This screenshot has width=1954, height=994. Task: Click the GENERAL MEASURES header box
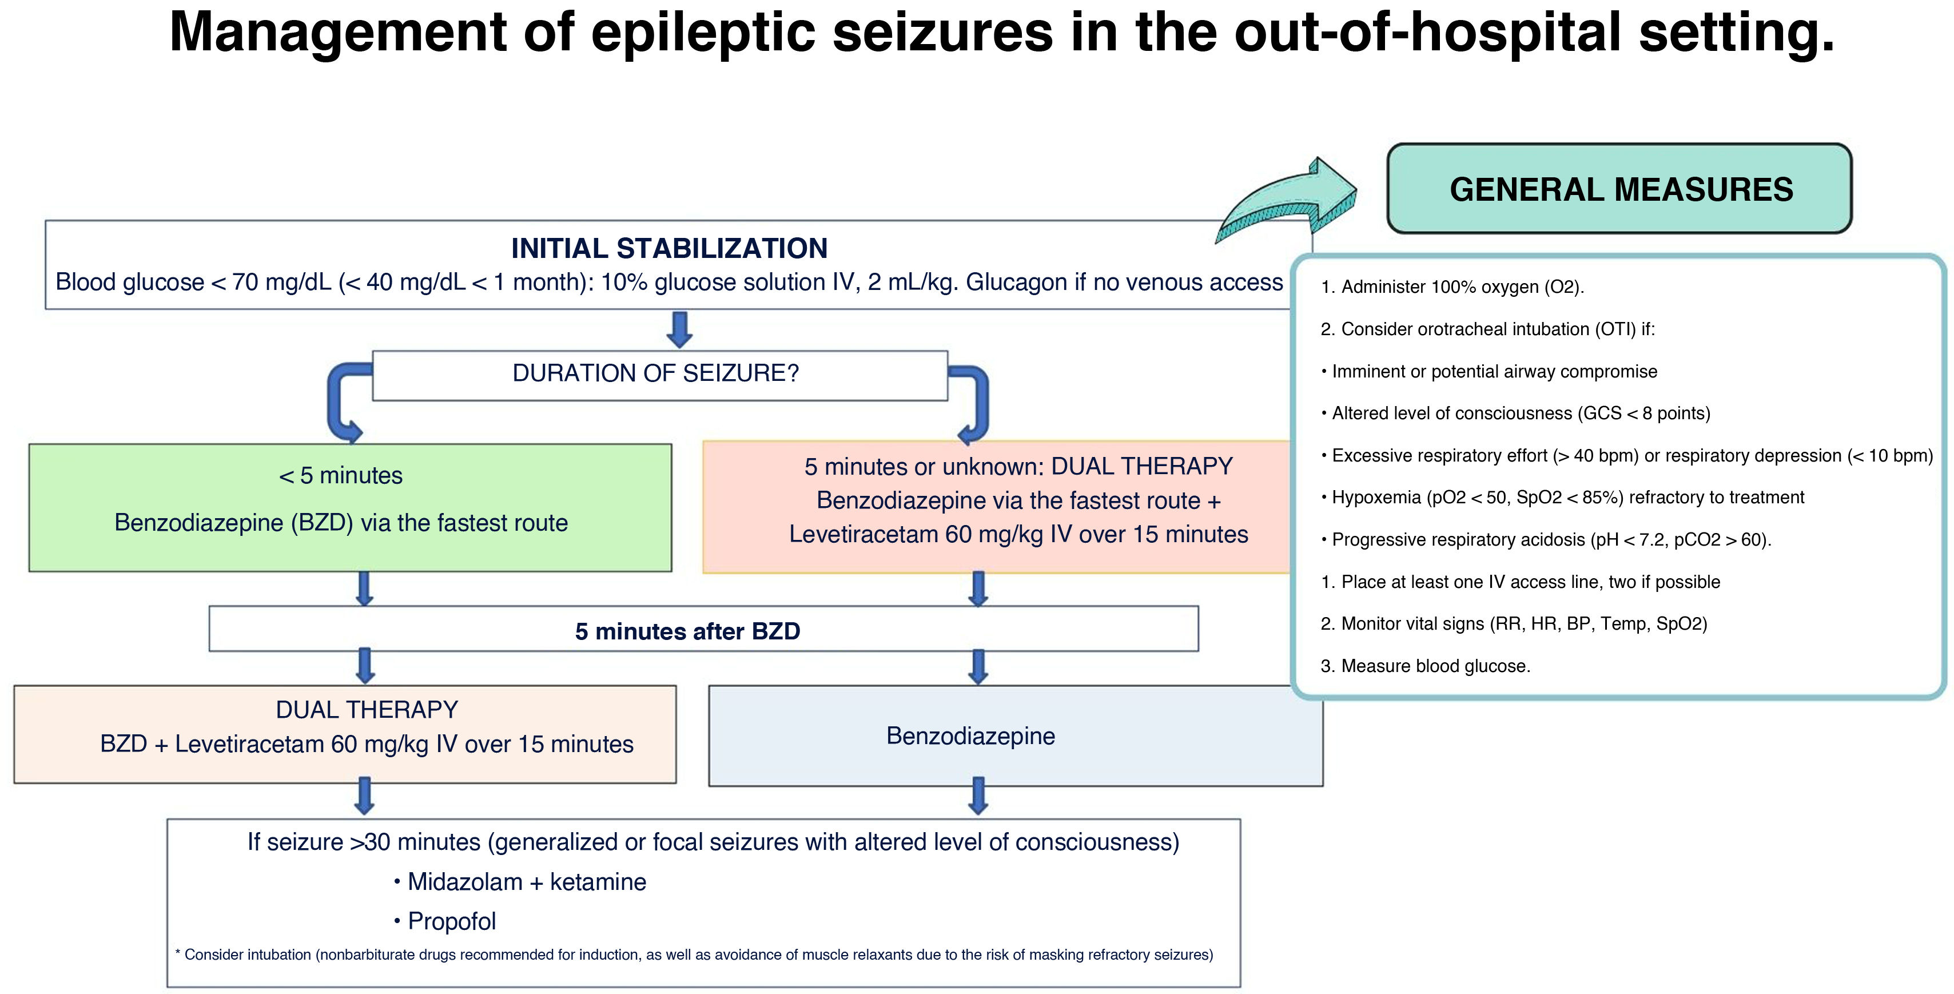tap(1619, 188)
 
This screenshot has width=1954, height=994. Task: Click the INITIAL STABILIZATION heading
tap(669, 248)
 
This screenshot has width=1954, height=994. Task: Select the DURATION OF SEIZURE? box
tap(660, 375)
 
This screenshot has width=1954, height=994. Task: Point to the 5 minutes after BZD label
tap(687, 631)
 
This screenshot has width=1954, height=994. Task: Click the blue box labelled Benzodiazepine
tap(1016, 735)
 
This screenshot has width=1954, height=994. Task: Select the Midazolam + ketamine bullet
tap(520, 882)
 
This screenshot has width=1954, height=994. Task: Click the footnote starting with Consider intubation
tap(694, 955)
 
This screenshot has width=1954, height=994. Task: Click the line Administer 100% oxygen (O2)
tap(1452, 287)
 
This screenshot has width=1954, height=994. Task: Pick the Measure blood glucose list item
tap(1425, 666)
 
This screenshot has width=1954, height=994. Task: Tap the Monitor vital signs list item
tap(1513, 624)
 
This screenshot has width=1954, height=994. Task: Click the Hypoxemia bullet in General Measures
tap(1563, 498)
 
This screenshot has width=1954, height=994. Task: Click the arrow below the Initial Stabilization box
tap(680, 329)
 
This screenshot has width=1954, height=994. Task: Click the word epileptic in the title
tap(708, 33)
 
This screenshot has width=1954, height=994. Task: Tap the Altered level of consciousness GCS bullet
tap(1515, 413)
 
